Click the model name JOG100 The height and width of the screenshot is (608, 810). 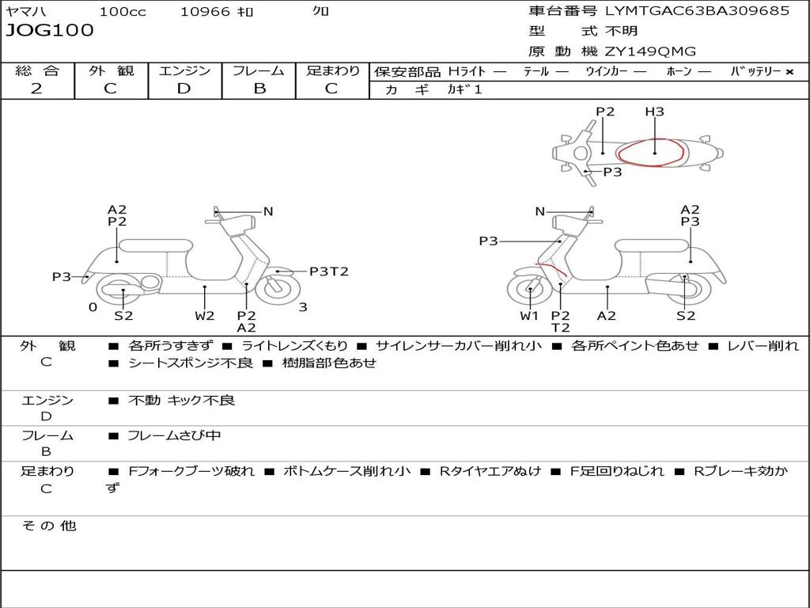(50, 30)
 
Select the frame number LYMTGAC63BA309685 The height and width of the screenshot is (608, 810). (698, 10)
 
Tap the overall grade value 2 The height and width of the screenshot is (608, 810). (36, 88)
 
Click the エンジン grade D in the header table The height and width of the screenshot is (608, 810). (184, 89)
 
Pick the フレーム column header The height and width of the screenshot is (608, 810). (259, 70)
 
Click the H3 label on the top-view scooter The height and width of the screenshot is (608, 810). (654, 111)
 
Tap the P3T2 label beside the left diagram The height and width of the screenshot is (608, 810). (329, 272)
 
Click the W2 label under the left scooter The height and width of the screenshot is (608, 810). (205, 315)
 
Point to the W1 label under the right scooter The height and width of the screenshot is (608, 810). (529, 315)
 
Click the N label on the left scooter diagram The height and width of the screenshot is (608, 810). (268, 211)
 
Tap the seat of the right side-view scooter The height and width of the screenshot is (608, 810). (652, 245)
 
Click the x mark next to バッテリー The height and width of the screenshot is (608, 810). (789, 72)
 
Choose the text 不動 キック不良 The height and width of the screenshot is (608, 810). (182, 400)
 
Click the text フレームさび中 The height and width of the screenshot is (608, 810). (174, 436)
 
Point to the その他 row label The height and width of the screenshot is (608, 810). (49, 526)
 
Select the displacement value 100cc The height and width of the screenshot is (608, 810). (123, 11)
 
